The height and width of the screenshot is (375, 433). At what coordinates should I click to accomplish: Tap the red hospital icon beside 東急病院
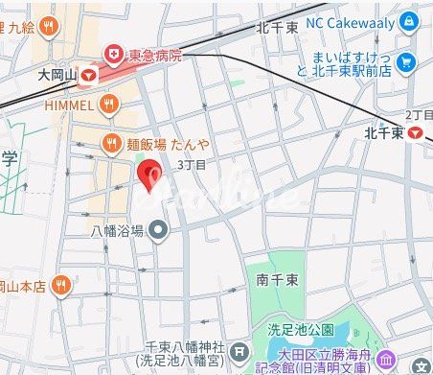[x=113, y=55]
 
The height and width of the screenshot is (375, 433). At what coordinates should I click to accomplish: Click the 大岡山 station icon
[x=89, y=73]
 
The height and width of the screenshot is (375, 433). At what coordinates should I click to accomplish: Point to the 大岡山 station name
[x=57, y=73]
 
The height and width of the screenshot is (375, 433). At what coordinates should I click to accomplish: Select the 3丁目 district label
[x=192, y=165]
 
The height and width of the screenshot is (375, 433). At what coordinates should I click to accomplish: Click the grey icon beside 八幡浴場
[x=159, y=230]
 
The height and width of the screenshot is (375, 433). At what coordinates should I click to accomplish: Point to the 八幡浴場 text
[x=117, y=230]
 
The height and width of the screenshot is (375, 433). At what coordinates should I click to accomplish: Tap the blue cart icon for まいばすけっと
[x=408, y=63]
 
